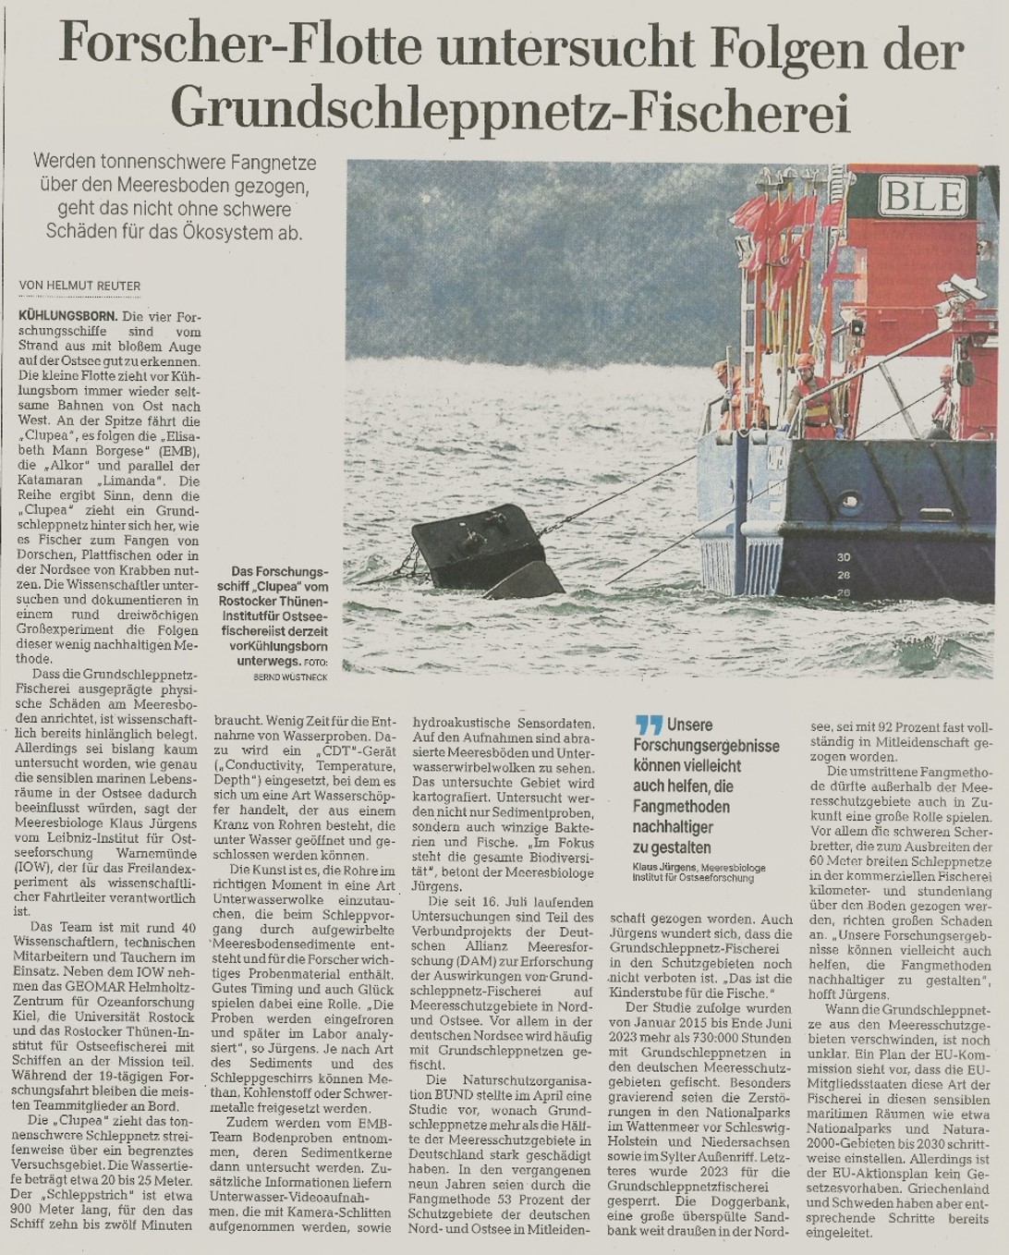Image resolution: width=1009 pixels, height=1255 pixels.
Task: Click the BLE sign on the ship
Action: [x=925, y=197]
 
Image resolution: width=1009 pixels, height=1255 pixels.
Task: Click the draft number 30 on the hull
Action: [x=843, y=558]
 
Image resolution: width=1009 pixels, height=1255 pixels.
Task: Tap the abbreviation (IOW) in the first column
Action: [x=33, y=867]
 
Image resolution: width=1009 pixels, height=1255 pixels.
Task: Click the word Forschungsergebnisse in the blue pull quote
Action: [x=706, y=746]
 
